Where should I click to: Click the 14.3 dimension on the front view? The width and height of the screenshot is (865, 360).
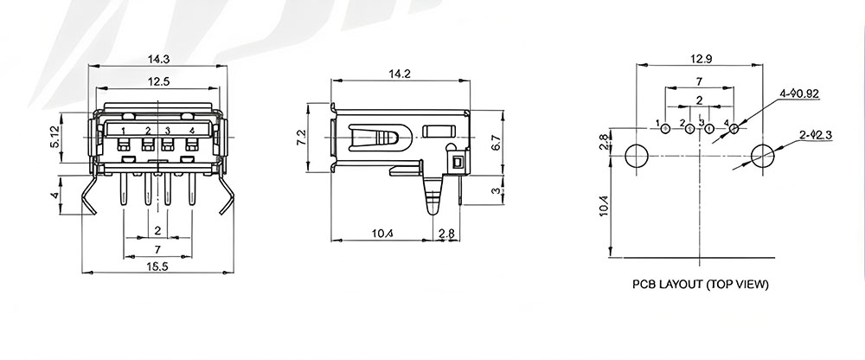pyautogui.click(x=157, y=58)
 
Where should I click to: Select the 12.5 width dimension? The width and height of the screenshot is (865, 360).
pyautogui.click(x=158, y=81)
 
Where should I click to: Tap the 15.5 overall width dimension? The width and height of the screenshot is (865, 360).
pyautogui.click(x=157, y=267)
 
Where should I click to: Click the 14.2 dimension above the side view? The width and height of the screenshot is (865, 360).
pyautogui.click(x=400, y=74)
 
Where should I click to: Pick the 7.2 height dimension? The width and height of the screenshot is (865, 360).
pyautogui.click(x=301, y=138)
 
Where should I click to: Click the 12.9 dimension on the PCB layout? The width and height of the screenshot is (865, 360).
pyautogui.click(x=699, y=58)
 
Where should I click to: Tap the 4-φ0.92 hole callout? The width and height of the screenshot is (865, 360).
pyautogui.click(x=799, y=93)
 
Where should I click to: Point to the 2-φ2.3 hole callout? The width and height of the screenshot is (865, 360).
pyautogui.click(x=816, y=135)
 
